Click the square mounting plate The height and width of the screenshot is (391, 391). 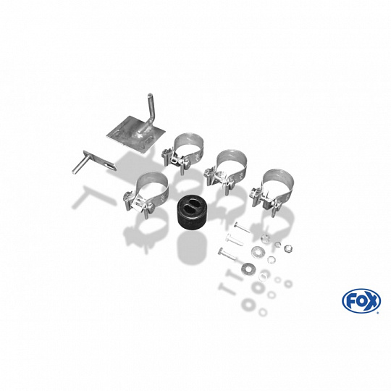(136, 136)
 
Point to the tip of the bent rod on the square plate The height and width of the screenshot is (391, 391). (150, 95)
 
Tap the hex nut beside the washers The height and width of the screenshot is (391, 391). (288, 248)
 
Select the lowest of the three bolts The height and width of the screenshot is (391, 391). (227, 255)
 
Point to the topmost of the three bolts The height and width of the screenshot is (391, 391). (242, 227)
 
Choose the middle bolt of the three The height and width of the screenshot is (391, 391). (234, 240)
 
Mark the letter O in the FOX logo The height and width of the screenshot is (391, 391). (361, 301)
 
